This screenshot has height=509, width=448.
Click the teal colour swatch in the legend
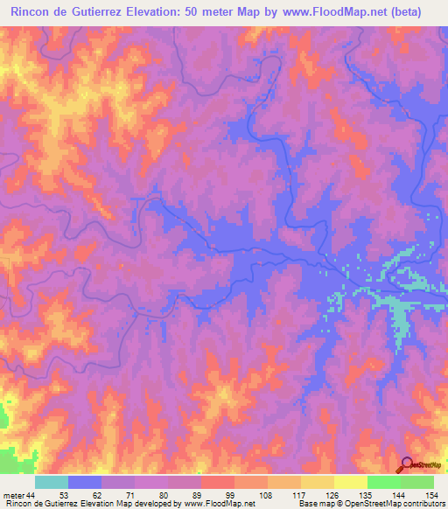pyautogui.click(x=52, y=482)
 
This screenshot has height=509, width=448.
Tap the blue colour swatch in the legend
pyautogui.click(x=85, y=482)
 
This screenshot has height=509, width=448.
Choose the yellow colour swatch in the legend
pyautogui.click(x=350, y=482)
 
